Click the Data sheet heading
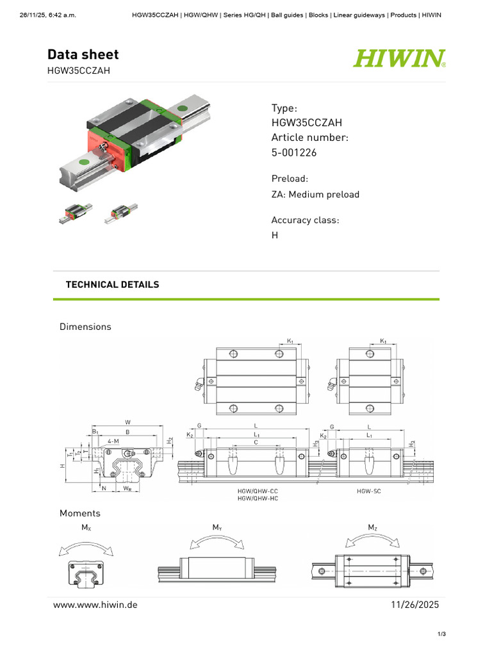click(x=83, y=55)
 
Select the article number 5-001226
click(x=294, y=152)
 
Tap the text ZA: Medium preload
click(x=315, y=194)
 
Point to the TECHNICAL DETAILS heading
click(x=113, y=284)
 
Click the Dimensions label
click(x=85, y=327)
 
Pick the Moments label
click(x=80, y=513)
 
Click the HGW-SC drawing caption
click(x=368, y=491)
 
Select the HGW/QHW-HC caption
click(x=258, y=498)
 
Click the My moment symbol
click(x=217, y=527)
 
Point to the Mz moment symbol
click(x=373, y=527)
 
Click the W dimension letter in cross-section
click(x=127, y=422)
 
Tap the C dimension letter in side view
click(x=256, y=442)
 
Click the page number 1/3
click(x=441, y=634)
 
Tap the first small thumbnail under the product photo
click(x=75, y=213)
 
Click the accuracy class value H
click(x=275, y=235)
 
